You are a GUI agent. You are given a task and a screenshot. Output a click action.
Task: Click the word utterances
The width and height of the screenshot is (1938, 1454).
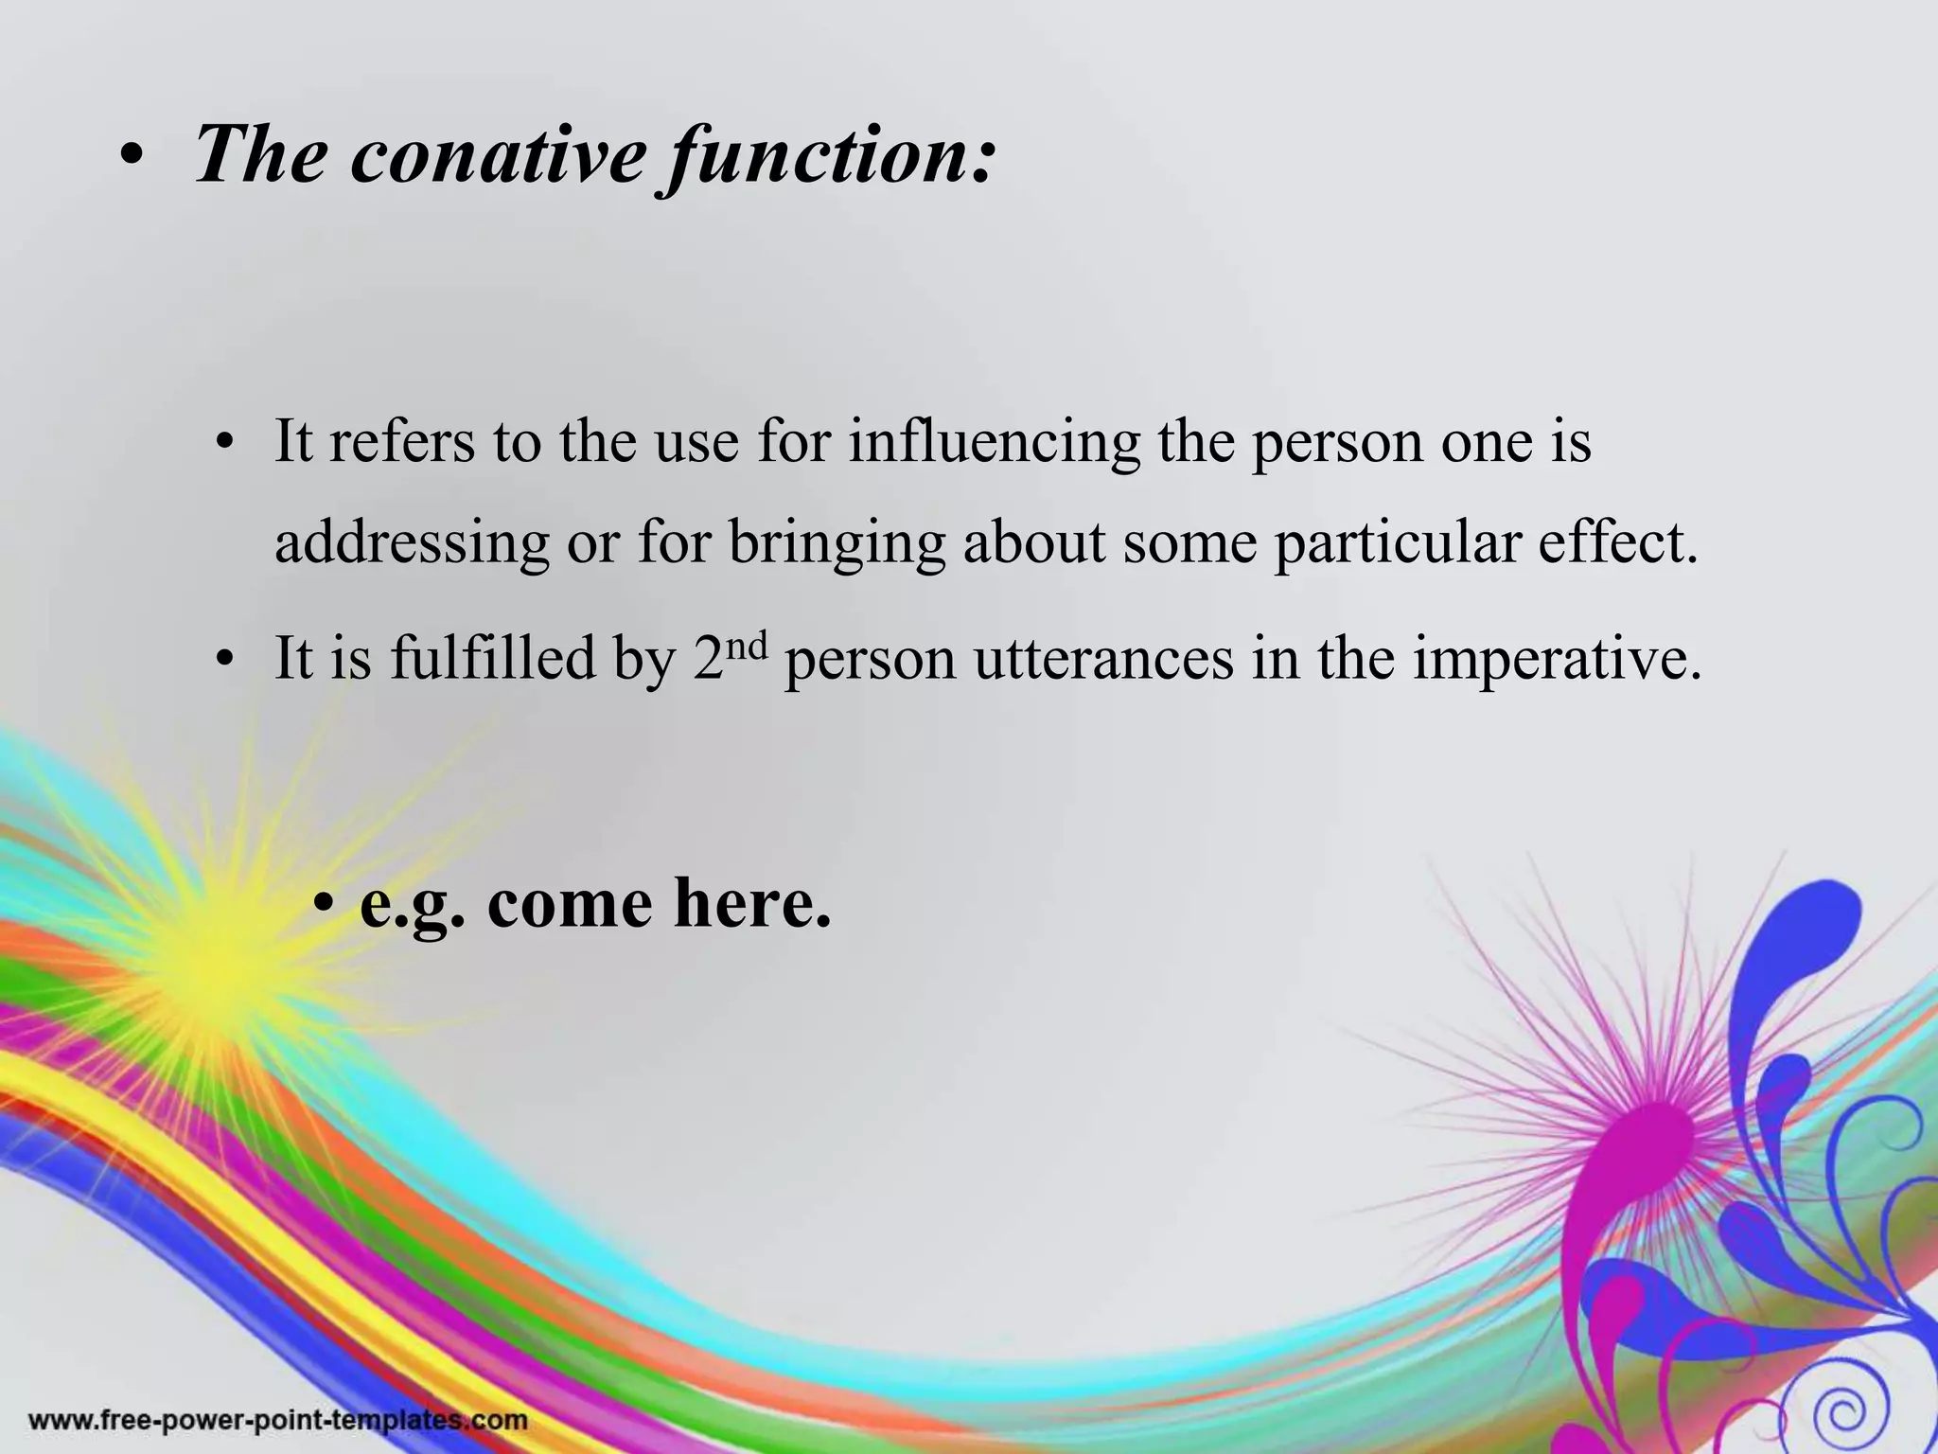click(x=1103, y=660)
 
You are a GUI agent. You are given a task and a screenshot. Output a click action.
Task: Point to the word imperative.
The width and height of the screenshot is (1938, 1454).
click(x=1557, y=660)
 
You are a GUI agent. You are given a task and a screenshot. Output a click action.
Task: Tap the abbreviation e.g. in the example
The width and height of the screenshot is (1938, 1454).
click(x=413, y=904)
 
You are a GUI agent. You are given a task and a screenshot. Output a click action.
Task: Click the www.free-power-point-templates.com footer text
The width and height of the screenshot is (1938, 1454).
click(x=278, y=1421)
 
